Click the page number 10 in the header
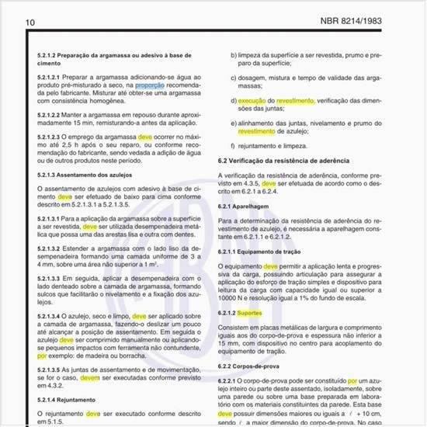[30, 22]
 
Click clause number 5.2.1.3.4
[54, 317]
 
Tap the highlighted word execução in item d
[252, 101]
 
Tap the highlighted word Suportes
[249, 312]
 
